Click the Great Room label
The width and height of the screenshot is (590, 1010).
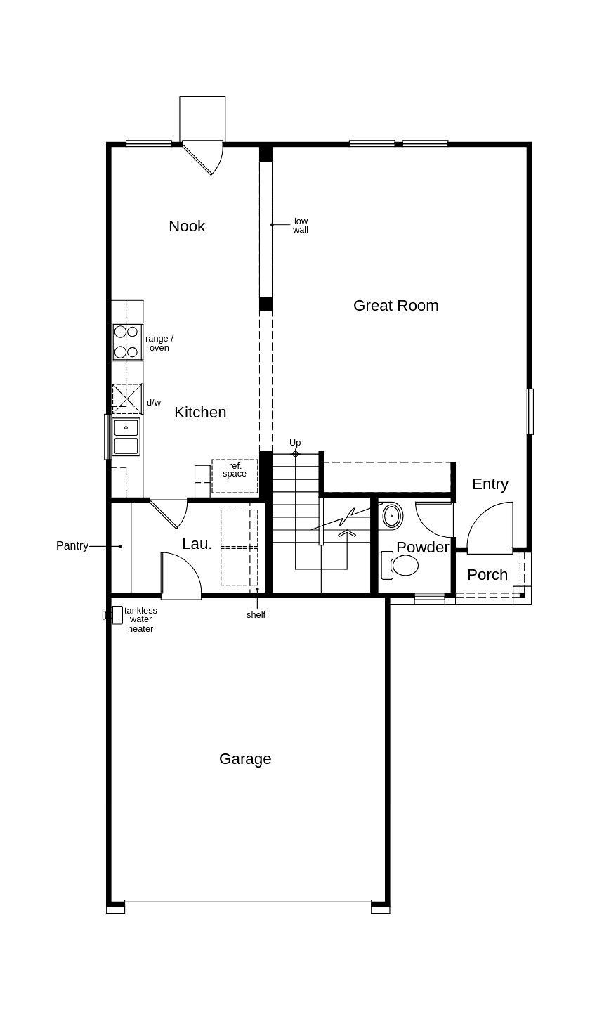(395, 305)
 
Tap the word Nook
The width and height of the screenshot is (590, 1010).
(187, 226)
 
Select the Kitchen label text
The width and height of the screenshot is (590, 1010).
(200, 413)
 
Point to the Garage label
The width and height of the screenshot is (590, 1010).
(245, 759)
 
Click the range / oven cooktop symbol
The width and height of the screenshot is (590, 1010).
(127, 342)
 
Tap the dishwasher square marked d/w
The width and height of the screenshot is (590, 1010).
(127, 399)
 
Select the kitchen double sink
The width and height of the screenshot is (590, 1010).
(126, 436)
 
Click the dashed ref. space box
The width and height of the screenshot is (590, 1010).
(235, 476)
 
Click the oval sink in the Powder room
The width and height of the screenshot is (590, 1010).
(393, 516)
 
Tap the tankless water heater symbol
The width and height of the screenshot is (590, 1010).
(116, 615)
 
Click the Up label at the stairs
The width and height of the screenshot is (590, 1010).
(295, 442)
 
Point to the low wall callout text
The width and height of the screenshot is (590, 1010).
(301, 226)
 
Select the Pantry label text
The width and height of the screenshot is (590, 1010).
(72, 546)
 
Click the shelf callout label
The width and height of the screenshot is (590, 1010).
(256, 615)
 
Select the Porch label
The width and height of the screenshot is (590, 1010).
(487, 575)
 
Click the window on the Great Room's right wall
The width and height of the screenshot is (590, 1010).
(530, 411)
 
